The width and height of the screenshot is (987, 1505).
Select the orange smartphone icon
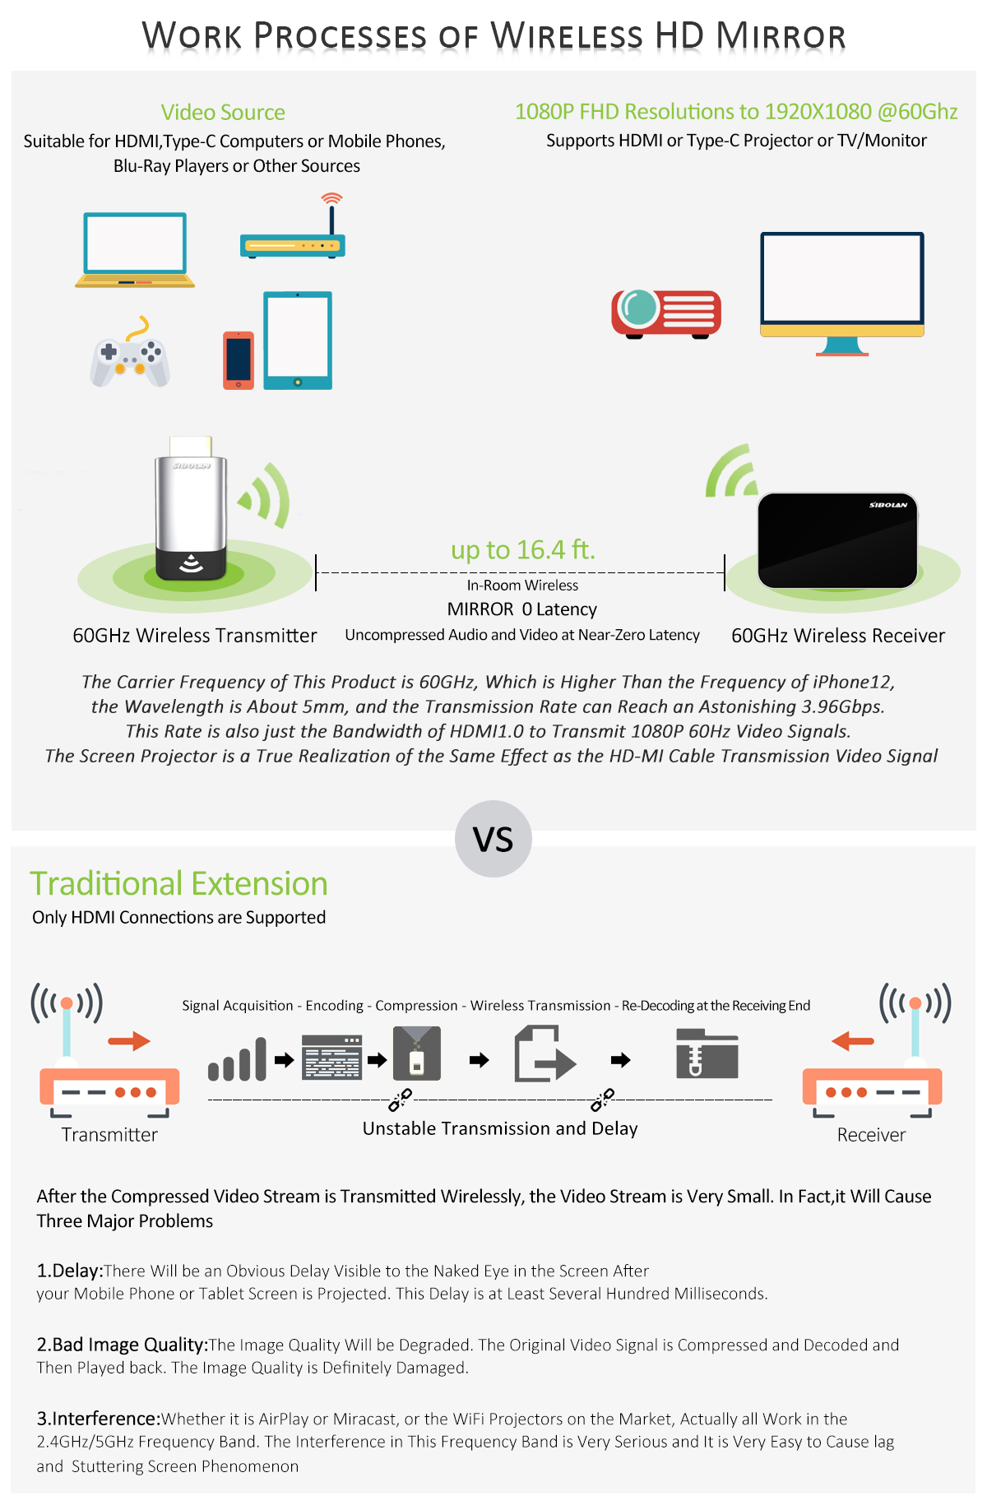click(239, 360)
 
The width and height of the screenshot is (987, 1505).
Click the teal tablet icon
click(298, 340)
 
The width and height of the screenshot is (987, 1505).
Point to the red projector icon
click(666, 313)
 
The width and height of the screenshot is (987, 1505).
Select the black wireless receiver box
click(837, 540)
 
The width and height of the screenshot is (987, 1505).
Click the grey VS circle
click(493, 839)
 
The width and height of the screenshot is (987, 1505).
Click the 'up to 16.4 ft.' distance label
click(523, 549)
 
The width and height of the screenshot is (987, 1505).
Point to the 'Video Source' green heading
click(223, 113)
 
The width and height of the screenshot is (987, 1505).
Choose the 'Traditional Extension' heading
click(179, 884)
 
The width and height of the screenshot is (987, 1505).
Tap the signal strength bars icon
click(238, 1059)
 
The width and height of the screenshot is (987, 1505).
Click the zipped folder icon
click(707, 1053)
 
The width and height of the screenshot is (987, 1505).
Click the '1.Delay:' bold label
click(70, 1271)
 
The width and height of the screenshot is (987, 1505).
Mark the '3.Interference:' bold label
click(99, 1419)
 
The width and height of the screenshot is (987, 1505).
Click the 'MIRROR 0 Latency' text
click(522, 609)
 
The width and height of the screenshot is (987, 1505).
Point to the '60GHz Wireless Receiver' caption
click(838, 636)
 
